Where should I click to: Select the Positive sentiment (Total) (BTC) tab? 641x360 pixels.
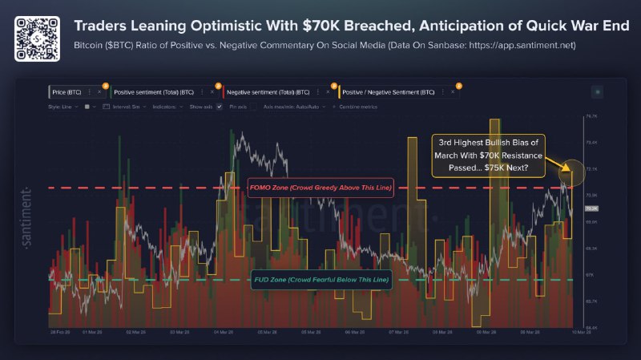152,92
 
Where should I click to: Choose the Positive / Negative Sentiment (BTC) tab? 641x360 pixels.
388,92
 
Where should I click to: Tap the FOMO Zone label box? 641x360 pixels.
320,188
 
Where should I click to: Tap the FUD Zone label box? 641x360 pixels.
320,280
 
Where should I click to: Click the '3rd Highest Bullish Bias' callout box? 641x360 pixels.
488,155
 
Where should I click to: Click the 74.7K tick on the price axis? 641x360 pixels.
592,116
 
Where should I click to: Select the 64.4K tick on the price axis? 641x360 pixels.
592,327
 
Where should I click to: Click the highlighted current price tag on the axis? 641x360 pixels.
593,209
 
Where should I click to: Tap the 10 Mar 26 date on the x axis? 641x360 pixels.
579,331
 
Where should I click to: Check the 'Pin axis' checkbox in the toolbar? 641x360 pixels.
220,106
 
